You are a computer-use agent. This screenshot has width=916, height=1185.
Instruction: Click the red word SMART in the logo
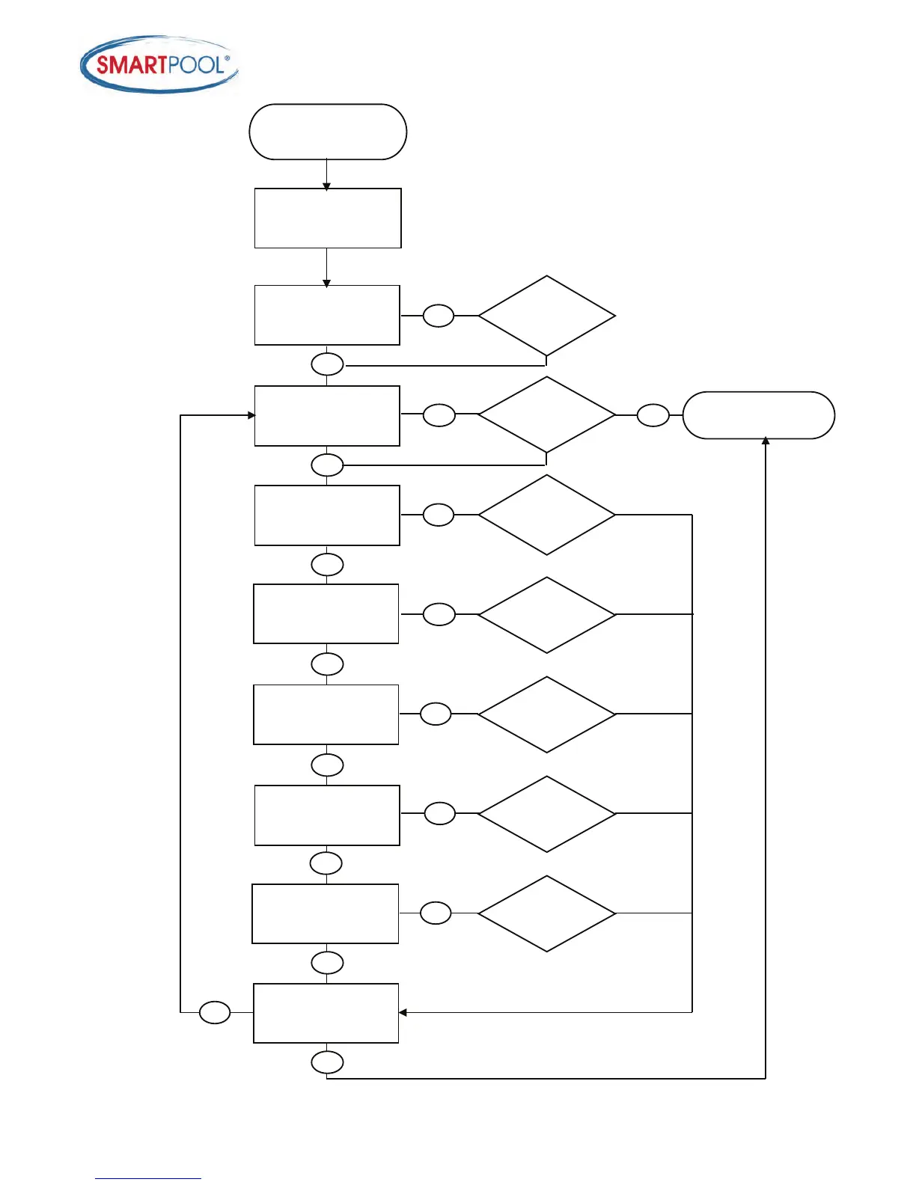click(x=131, y=66)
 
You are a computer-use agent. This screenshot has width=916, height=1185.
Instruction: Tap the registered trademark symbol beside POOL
click(x=228, y=58)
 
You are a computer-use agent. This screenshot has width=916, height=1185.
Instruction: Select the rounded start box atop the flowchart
click(x=328, y=132)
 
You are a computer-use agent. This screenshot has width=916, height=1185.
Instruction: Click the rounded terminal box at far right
click(x=758, y=415)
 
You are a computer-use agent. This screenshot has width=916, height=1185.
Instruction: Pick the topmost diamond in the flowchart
click(x=547, y=316)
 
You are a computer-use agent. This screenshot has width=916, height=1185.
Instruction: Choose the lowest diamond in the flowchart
click(x=547, y=913)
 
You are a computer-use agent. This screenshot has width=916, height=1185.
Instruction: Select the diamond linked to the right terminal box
click(x=547, y=414)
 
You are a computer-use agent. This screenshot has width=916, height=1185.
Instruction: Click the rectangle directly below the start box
click(x=328, y=218)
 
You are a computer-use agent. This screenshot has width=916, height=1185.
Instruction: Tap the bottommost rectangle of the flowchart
click(x=326, y=1013)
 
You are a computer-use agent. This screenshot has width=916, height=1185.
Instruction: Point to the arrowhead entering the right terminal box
click(x=766, y=441)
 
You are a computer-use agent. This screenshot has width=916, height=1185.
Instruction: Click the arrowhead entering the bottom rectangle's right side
click(x=403, y=1012)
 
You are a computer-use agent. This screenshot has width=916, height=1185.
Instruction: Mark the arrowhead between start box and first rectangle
click(x=326, y=186)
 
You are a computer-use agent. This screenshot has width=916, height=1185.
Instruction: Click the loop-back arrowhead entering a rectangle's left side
click(x=251, y=415)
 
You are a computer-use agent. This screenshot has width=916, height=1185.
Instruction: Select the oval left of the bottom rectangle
click(x=215, y=1012)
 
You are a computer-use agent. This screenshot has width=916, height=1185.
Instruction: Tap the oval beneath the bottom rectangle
click(x=327, y=1062)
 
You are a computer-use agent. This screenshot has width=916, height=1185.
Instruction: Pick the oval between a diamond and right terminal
click(x=653, y=415)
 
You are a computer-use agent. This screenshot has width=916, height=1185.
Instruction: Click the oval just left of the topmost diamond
click(x=439, y=316)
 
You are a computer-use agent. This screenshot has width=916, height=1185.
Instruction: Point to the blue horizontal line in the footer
click(x=148, y=1178)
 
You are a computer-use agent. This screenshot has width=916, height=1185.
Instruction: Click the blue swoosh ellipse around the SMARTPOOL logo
click(x=159, y=88)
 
